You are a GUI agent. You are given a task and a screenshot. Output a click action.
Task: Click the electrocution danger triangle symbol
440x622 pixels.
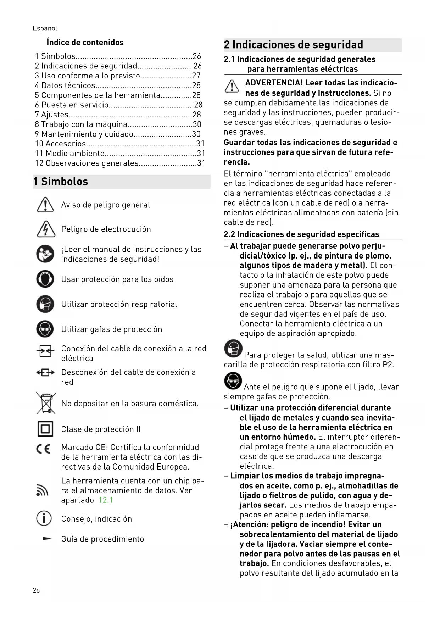45,229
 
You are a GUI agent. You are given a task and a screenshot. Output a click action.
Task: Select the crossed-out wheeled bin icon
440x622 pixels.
46,403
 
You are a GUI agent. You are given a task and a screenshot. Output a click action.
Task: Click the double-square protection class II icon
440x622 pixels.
45,429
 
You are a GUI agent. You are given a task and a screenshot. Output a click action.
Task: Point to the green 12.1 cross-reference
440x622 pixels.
106,500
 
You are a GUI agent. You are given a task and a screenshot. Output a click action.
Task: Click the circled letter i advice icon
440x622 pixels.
44,518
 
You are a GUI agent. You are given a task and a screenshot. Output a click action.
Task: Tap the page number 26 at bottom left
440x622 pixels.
36,590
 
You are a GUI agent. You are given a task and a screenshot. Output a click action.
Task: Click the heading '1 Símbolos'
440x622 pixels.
61,182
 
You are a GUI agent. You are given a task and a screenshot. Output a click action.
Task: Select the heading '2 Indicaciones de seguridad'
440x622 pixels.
294,45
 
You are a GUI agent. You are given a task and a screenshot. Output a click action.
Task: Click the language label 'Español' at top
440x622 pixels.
45,28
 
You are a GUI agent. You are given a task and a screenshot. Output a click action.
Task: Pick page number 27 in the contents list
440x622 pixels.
196,76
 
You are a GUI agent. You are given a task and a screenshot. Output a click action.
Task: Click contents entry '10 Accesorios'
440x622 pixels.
60,144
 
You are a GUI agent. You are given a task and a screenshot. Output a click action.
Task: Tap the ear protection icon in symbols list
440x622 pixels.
45,279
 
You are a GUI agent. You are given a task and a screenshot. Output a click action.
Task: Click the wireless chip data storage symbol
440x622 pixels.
42,490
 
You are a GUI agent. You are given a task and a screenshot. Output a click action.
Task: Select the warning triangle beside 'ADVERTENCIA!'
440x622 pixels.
232,87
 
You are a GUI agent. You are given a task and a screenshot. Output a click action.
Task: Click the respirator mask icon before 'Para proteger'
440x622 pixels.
233,349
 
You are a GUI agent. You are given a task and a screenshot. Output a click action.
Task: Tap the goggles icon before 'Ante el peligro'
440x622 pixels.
233,381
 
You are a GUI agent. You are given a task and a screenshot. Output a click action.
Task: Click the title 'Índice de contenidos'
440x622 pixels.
85,43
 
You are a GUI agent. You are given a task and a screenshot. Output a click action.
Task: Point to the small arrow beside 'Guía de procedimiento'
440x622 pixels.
46,539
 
